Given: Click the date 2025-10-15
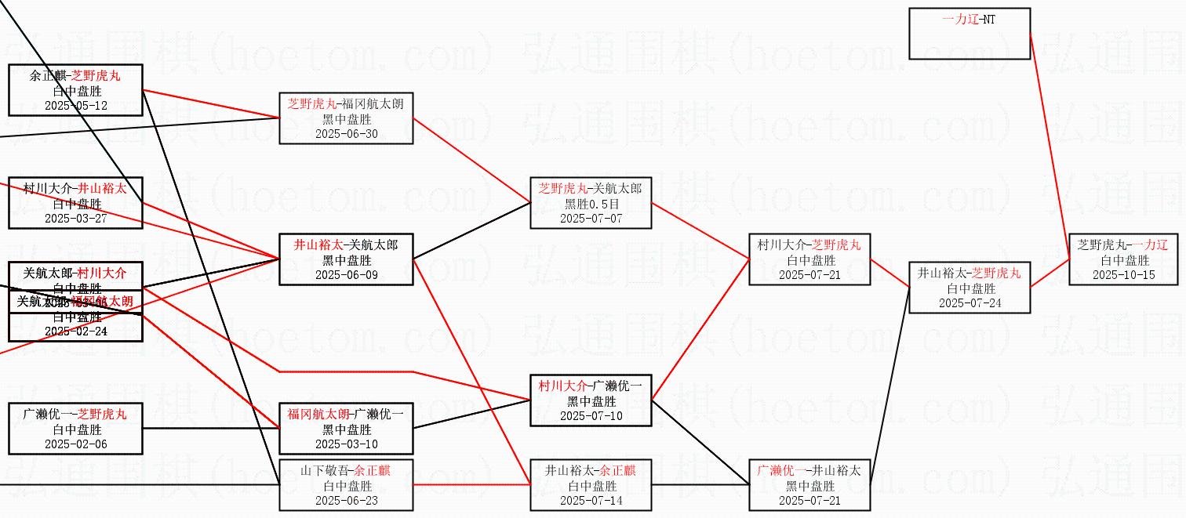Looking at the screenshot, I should click(x=1123, y=274).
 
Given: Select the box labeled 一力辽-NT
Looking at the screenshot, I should click(x=969, y=34).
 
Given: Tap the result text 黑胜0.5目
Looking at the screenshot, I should click(x=591, y=203).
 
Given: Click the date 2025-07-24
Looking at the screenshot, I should click(x=970, y=302).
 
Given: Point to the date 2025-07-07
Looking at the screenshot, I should click(x=591, y=218).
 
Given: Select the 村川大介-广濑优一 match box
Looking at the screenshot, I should click(x=591, y=400).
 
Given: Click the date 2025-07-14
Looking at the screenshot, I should click(x=591, y=500).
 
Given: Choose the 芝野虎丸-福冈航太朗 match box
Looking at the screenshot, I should click(x=346, y=118).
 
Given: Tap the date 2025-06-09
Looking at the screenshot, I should click(x=346, y=274).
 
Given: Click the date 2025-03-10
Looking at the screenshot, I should click(x=346, y=444).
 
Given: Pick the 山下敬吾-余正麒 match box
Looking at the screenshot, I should click(x=346, y=485).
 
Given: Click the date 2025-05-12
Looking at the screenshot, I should click(x=75, y=105).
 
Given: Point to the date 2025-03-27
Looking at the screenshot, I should click(x=75, y=218).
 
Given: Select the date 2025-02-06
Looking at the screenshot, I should click(x=75, y=444).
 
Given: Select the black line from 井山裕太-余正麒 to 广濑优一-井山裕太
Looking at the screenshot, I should click(x=700, y=485).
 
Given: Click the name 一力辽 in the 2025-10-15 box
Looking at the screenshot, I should click(x=1150, y=245).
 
